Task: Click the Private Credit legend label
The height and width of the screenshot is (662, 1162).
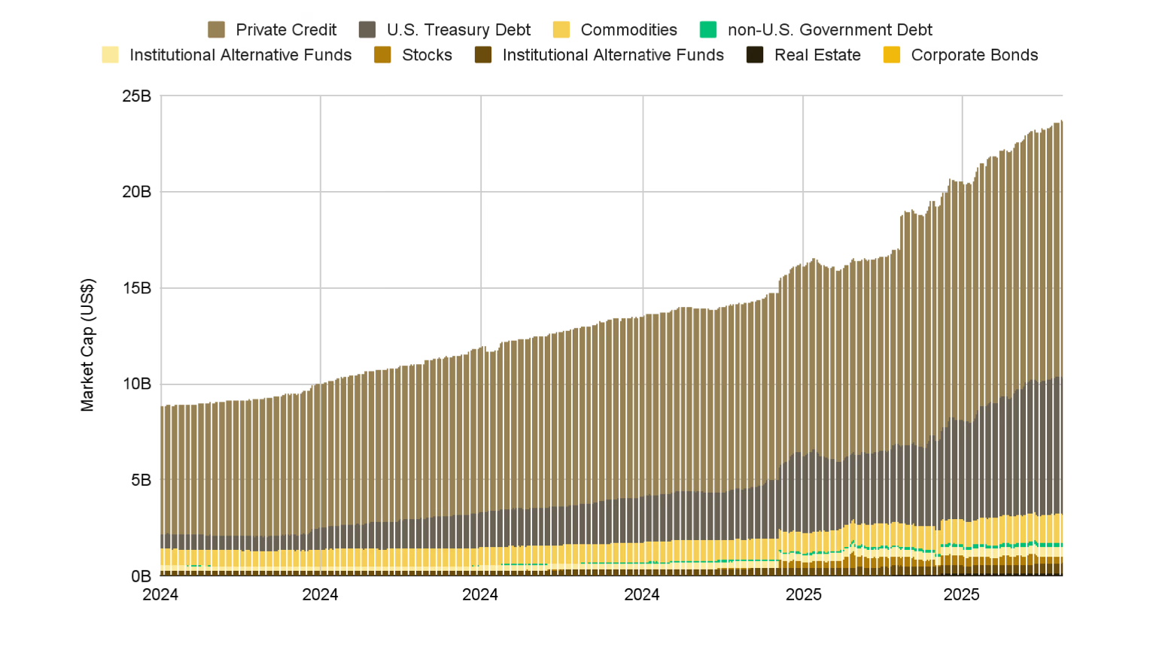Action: point(286,30)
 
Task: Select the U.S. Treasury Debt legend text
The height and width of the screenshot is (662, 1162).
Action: point(458,30)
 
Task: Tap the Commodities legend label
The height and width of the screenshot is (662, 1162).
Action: point(628,30)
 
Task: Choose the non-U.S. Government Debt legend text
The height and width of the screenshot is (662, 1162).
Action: point(829,30)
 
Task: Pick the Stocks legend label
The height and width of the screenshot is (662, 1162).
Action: point(427,55)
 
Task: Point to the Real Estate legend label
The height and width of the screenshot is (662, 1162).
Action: point(817,55)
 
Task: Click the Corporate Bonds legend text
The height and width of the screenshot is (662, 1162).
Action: point(974,55)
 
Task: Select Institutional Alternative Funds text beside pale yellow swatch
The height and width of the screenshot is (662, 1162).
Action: point(240,55)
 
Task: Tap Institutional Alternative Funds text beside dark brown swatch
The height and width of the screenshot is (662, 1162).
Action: point(613,55)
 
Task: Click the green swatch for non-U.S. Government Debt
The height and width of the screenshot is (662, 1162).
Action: point(708,30)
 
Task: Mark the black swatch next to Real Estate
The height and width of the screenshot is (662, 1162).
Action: point(755,55)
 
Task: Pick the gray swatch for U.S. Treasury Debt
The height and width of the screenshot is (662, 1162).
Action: point(367,30)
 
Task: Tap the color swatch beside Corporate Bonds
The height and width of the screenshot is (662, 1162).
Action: point(892,55)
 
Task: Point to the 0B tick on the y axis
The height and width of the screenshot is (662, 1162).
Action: point(141,576)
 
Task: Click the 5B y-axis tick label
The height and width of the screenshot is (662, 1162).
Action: point(141,480)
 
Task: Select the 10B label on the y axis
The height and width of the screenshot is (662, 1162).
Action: point(137,384)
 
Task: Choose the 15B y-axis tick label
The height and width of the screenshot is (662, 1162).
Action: point(137,288)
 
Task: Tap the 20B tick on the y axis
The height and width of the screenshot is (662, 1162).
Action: point(137,192)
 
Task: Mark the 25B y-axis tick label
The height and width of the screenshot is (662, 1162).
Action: point(137,96)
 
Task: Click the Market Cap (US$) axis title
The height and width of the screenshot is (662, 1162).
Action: point(87,345)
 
